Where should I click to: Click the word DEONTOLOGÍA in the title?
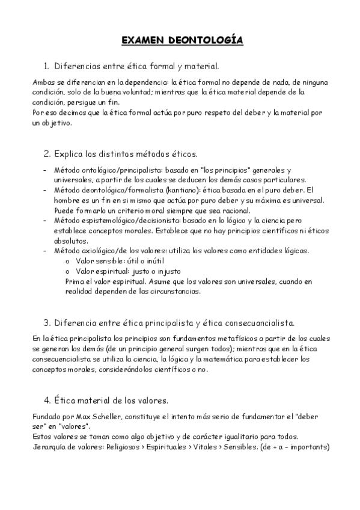point(210,40)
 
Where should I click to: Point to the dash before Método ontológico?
point(46,170)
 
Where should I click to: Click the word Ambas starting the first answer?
point(41,82)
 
